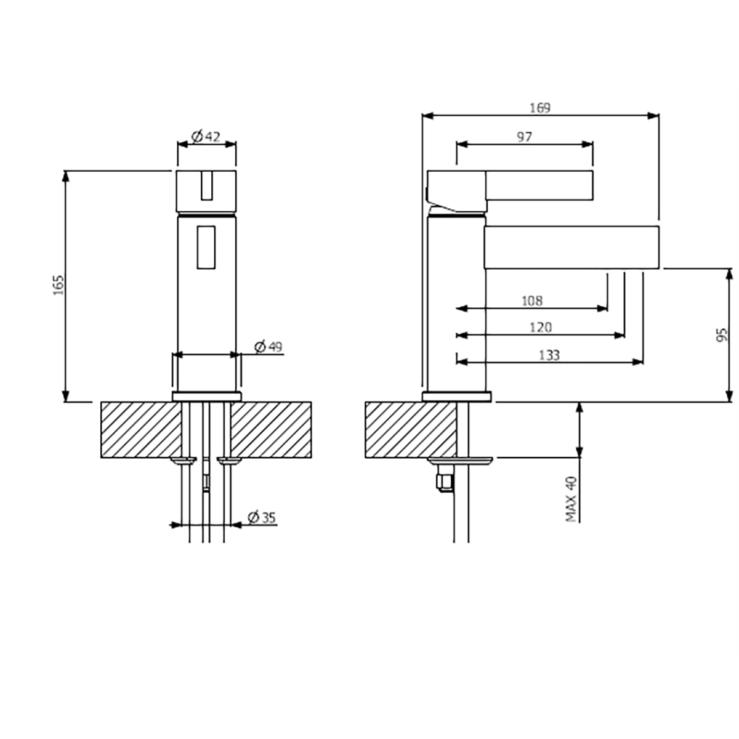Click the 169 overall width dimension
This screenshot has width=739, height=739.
click(x=540, y=108)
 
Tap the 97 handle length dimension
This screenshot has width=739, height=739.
click(x=524, y=137)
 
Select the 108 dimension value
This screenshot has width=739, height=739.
click(x=532, y=301)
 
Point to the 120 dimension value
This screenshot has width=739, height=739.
click(x=541, y=328)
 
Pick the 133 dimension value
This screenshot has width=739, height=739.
click(x=549, y=355)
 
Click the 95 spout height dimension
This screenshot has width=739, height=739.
click(x=722, y=335)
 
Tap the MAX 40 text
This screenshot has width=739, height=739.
click(x=571, y=499)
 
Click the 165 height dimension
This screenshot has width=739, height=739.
click(x=59, y=285)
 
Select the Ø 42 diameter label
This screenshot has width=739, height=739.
click(x=206, y=137)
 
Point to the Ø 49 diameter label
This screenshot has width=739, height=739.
click(x=269, y=347)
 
